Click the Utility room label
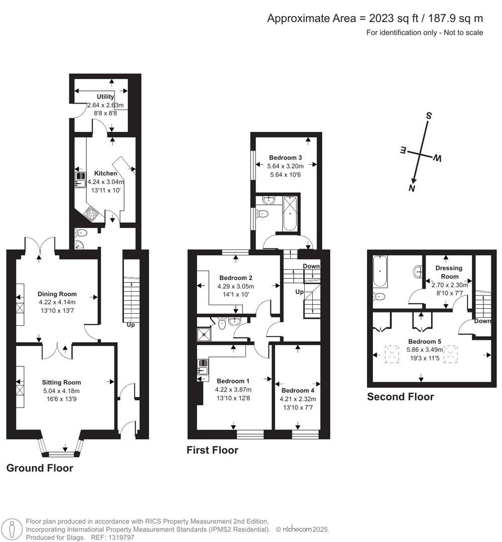pyautogui.click(x=105, y=96)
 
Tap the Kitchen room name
pyautogui.click(x=105, y=173)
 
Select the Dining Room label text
pyautogui.click(x=57, y=294)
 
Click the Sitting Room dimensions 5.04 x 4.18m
pyautogui.click(x=61, y=391)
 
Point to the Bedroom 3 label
pyautogui.click(x=286, y=157)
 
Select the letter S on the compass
pyautogui.click(x=429, y=115)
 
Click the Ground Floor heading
pyautogui.click(x=40, y=468)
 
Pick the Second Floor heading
pyautogui.click(x=400, y=397)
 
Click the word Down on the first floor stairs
pyautogui.click(x=311, y=266)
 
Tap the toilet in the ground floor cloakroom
pyautogui.click(x=82, y=233)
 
